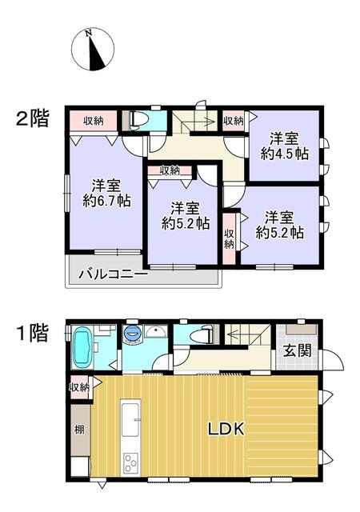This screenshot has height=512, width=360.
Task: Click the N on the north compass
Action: (x=88, y=33)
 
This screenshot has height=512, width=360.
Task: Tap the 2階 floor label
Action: (x=33, y=118)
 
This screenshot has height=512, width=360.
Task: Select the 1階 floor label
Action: (x=33, y=333)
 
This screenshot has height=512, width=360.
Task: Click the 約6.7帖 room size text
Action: (x=107, y=201)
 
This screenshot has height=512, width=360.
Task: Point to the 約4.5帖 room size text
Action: (x=285, y=154)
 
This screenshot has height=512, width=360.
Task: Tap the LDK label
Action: (x=226, y=429)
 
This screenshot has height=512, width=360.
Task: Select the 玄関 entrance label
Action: (x=297, y=351)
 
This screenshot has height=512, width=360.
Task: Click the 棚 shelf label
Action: (x=80, y=430)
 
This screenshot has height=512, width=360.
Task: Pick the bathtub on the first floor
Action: (x=82, y=348)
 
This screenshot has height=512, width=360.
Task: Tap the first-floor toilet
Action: (x=202, y=334)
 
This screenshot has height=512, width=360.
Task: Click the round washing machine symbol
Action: (x=133, y=334)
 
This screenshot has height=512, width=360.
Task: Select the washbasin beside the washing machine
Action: (x=156, y=333)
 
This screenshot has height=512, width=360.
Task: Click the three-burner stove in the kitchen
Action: (x=130, y=464)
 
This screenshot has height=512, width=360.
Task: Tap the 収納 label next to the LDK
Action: (x=79, y=387)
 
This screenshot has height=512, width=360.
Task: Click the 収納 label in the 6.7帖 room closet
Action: (x=94, y=121)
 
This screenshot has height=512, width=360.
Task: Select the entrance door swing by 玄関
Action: (x=332, y=360)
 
